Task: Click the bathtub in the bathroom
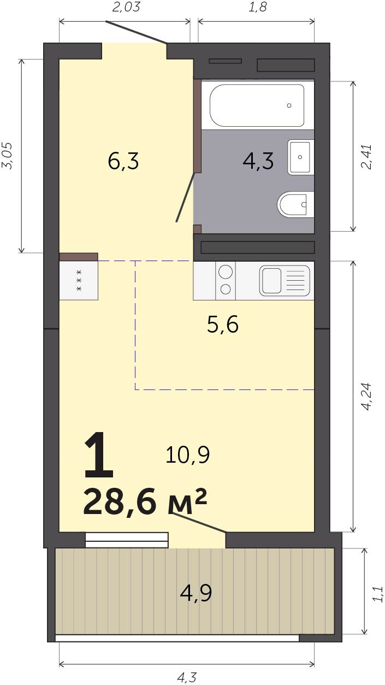[257, 105]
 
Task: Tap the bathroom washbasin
[300, 157]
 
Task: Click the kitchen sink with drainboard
[285, 280]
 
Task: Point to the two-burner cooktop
[226, 280]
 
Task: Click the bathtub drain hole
[289, 105]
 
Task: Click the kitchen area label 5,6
[223, 324]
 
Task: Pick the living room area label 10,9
[187, 454]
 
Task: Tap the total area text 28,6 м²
[145, 502]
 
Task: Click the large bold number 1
[98, 456]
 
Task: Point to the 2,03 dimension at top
[126, 7]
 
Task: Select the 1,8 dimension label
[257, 7]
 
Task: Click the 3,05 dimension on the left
[7, 156]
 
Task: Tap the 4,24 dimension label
[366, 397]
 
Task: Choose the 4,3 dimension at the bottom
[187, 678]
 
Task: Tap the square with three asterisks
[79, 280]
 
